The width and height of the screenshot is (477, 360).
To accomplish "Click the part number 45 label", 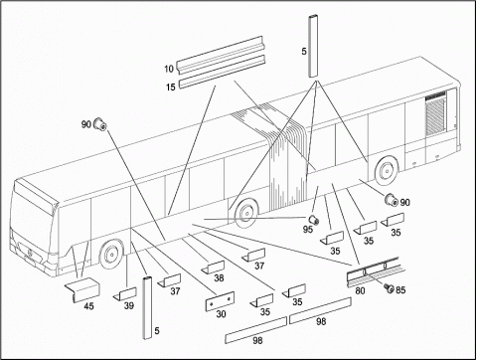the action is pos(88,306).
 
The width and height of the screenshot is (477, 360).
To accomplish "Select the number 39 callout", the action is pos(129,305).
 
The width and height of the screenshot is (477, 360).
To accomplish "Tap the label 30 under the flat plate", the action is pos(221,313).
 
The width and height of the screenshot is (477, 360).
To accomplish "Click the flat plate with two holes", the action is pos(221,301).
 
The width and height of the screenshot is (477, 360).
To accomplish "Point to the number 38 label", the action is pos(219,277).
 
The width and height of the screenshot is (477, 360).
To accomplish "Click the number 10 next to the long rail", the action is pos(169,69).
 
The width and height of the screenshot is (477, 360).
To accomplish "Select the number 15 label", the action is pos(171,88).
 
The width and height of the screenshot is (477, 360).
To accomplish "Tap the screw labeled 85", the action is pos(389,288).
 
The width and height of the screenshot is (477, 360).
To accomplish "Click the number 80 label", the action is pos(360,290).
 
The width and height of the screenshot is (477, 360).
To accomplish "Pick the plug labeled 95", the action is pos(314,220).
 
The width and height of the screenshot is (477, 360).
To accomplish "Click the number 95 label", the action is pos(308,229).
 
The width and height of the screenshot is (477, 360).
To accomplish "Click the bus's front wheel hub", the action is pos(110,255).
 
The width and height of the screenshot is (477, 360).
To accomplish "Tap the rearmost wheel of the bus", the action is pos(386,171).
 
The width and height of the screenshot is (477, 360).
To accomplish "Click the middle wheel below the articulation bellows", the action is pos(246,212).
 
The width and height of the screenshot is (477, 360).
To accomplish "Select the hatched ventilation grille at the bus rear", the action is pos(435,113).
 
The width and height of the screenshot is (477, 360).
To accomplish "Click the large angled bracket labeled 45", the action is pos(82,288).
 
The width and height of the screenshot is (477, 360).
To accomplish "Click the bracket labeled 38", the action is pos(213,267).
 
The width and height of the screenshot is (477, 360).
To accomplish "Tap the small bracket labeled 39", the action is pos(125,294).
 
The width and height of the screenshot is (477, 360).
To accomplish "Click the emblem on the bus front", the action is pos(30,254).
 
